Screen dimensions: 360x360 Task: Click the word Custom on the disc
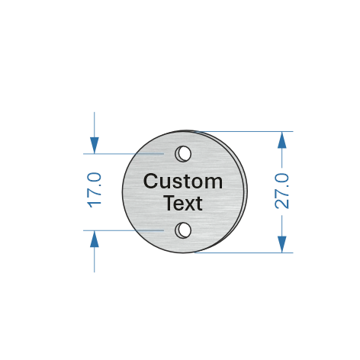point(183,181)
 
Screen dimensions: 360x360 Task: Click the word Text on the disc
point(184,203)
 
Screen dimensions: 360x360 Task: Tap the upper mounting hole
point(183,153)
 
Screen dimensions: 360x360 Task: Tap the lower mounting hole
point(183,230)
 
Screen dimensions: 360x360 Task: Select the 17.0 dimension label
point(95,190)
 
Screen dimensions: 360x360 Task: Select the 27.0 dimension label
point(281,191)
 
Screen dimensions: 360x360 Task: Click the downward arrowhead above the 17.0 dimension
point(95,146)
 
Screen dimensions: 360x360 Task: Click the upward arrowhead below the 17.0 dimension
point(95,239)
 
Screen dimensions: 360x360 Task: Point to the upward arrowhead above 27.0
point(282,140)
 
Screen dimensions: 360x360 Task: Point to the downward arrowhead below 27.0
point(282,244)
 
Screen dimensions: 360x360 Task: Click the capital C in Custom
point(150,181)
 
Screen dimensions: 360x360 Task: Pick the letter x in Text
point(191,204)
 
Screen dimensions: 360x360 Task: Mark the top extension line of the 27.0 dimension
point(245,131)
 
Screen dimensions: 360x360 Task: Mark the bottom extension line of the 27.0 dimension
point(243,252)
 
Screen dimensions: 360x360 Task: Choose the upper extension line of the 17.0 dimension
point(124,153)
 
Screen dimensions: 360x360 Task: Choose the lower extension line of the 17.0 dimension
point(124,230)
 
